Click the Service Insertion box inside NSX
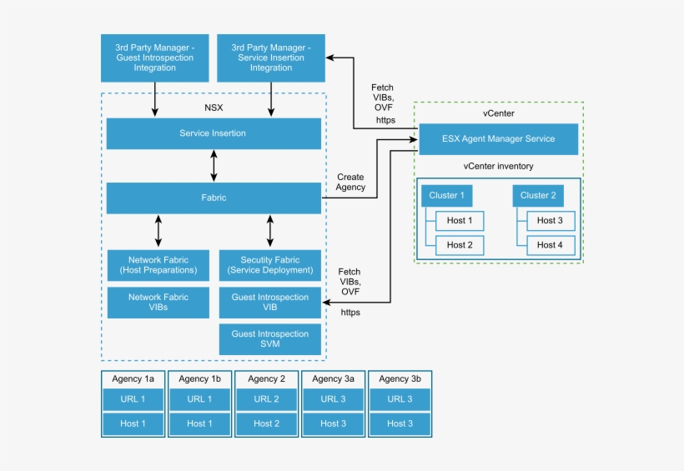(214, 133)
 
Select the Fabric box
(214, 198)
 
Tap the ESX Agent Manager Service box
(498, 138)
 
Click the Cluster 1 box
(446, 196)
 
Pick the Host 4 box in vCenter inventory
(550, 245)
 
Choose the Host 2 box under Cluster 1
(459, 245)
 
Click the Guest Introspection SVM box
(270, 338)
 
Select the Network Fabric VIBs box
(158, 302)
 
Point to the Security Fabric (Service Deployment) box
(270, 265)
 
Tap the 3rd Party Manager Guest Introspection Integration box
(154, 58)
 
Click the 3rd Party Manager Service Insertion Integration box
(270, 58)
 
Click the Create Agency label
(350, 183)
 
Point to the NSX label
(214, 108)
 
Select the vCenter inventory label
(498, 166)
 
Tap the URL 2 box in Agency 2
(266, 399)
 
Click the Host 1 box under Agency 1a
(133, 423)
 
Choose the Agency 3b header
(400, 378)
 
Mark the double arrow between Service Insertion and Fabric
(214, 166)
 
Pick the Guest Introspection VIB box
(270, 302)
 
